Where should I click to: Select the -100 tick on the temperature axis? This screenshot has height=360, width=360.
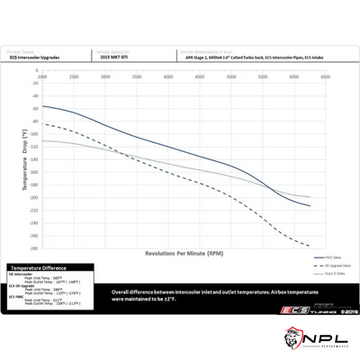pos(34,133)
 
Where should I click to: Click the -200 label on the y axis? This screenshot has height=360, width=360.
pos(34,197)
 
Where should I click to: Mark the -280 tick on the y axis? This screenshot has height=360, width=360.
pos(34,247)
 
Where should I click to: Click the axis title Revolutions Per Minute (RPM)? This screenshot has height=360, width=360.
pos(177,255)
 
